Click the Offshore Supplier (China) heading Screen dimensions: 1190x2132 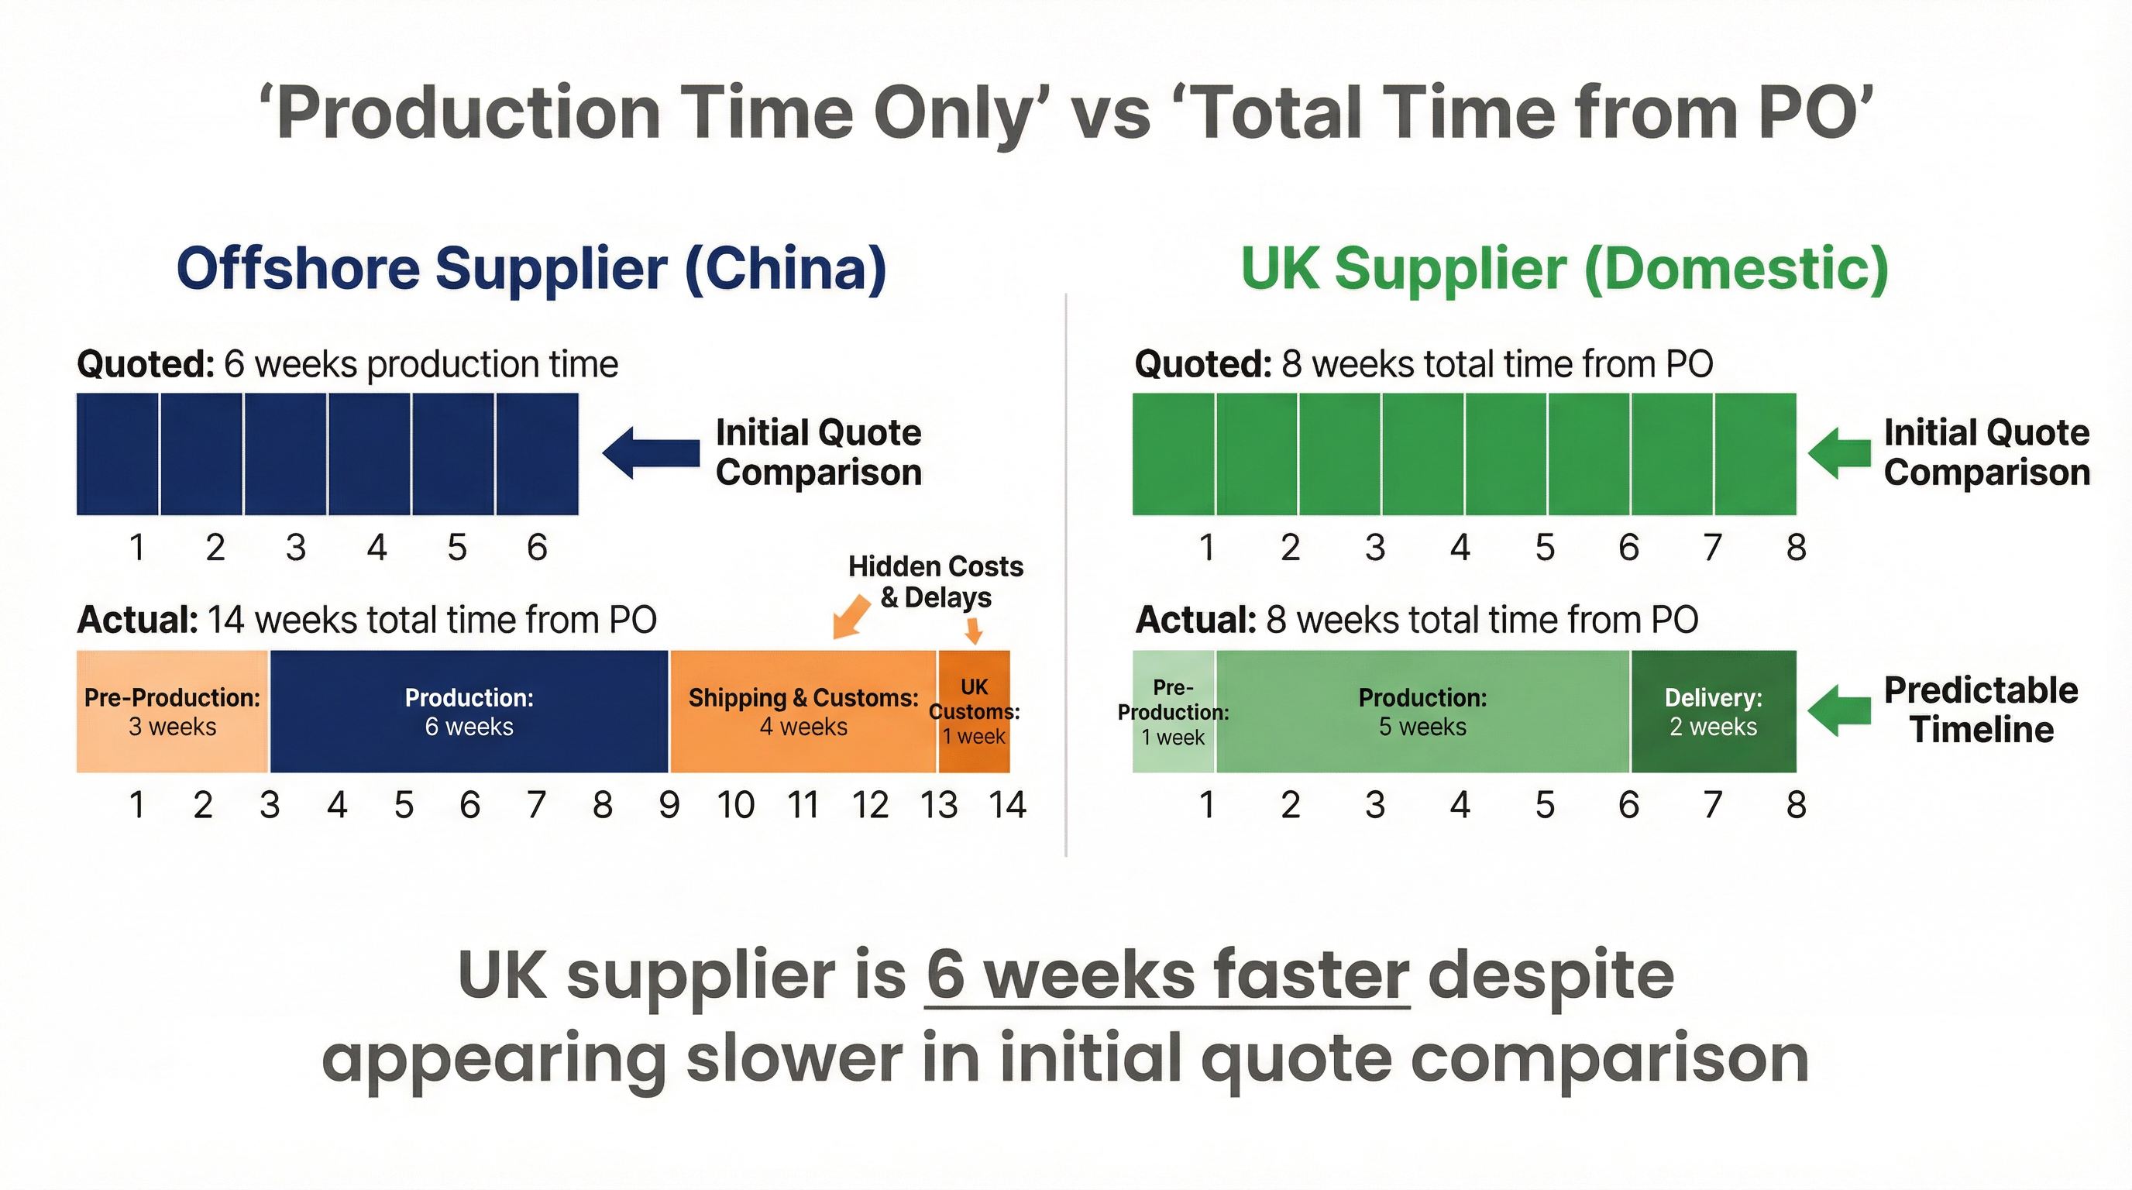pos(531,269)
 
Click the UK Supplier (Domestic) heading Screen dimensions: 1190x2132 pos(1564,269)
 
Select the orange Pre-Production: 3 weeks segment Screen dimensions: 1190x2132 pos(172,712)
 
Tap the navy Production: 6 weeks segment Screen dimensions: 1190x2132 pos(469,712)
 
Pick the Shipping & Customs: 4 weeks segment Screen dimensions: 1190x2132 pos(803,712)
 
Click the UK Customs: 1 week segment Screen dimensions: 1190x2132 pos(974,712)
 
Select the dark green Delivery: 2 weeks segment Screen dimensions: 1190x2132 pos(1713,712)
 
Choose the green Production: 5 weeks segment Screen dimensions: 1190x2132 pos(1422,712)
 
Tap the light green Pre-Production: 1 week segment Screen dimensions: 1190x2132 pos(1174,712)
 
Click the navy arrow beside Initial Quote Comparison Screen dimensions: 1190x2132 pos(652,452)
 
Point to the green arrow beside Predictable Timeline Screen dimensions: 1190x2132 pos(1839,710)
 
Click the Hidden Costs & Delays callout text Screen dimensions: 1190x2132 pos(936,582)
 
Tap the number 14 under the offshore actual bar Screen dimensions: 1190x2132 pos(1007,805)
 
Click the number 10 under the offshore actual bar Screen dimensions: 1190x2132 pos(736,805)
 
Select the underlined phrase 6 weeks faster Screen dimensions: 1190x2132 pos(1167,975)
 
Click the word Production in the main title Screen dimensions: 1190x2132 pos(468,114)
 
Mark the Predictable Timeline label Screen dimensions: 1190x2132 pos(1982,710)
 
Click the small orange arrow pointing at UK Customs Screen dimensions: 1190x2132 pos(974,631)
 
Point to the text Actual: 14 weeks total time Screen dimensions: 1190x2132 pos(366,620)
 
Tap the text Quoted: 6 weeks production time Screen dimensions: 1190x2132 pos(348,364)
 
